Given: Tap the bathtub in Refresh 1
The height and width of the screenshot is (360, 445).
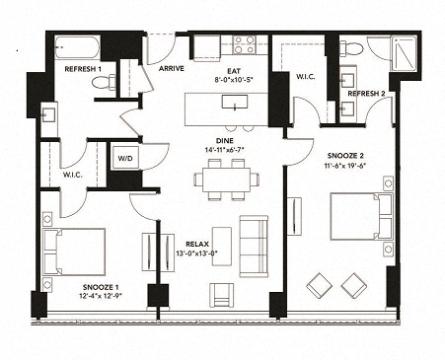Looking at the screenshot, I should pyautogui.click(x=76, y=47).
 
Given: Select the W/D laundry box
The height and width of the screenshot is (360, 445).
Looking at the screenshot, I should pyautogui.click(x=126, y=159).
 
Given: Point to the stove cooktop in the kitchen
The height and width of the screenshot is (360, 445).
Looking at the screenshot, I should pyautogui.click(x=243, y=44).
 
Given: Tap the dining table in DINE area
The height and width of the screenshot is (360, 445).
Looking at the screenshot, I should pyautogui.click(x=226, y=180).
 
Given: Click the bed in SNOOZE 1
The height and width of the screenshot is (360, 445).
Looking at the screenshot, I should pyautogui.click(x=76, y=251).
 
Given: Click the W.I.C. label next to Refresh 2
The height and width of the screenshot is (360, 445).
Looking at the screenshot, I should pyautogui.click(x=306, y=76).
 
